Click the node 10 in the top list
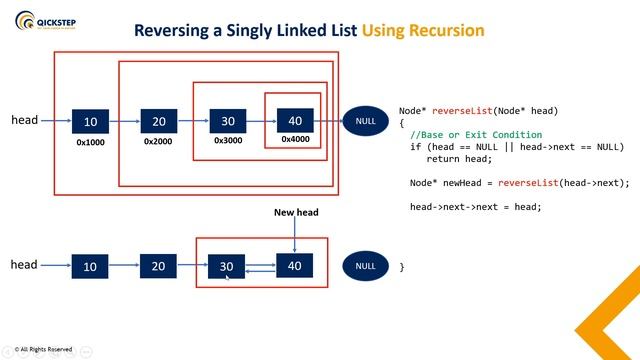pos(91,121)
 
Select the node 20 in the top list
pos(159,121)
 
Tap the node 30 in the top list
pos(228,121)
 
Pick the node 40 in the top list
pos(295,120)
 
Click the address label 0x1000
pos(91,143)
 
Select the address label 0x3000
pos(228,141)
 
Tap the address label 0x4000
pos(295,139)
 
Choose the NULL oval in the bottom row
pos(365,266)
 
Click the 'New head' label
pos(295,212)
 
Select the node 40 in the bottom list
pos(295,266)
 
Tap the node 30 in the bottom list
pos(226,266)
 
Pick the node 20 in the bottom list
pos(159,266)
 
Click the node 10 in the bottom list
pos(91,266)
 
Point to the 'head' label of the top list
pos(24,120)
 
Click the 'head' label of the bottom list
pos(24,265)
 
